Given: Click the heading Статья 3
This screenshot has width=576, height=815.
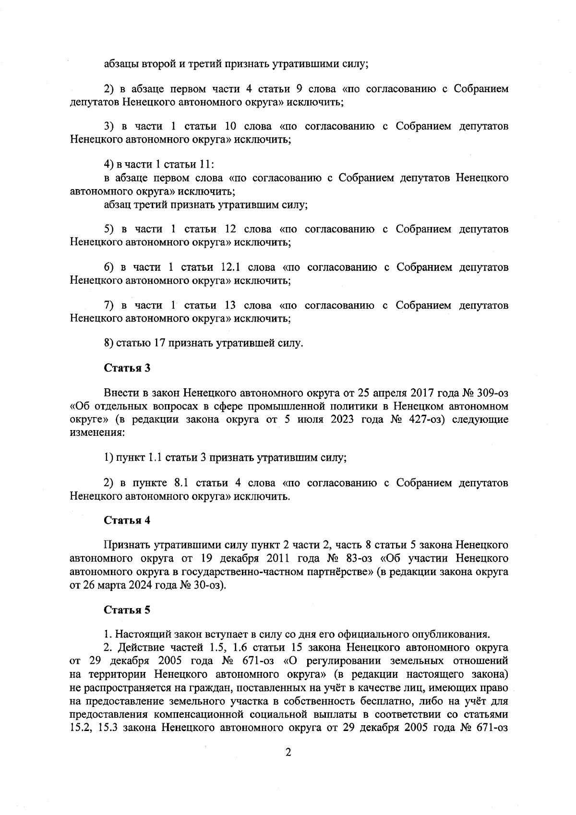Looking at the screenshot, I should (127, 368).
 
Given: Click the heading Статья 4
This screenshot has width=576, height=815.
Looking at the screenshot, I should (127, 520).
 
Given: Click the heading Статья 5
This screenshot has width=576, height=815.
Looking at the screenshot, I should (127, 610).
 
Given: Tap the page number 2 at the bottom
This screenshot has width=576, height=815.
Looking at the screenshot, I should (288, 766).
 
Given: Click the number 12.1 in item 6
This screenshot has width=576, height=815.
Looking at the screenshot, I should (232, 267).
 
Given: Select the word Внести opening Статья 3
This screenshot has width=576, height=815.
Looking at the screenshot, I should (121, 393).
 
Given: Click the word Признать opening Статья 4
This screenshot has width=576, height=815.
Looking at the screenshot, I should (127, 545).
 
